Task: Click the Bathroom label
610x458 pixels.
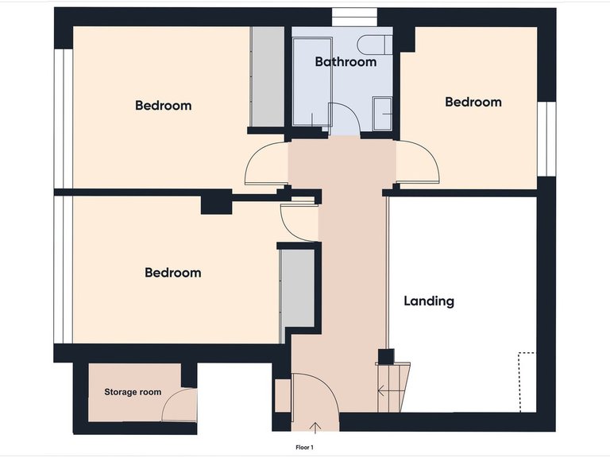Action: pos(346,61)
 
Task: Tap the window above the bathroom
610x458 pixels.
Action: pos(354,17)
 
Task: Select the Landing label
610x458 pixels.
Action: pos(429,301)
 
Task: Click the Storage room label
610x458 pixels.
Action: pos(133,392)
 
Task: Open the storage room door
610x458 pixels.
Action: pos(179,406)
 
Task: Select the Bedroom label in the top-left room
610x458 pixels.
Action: pos(163,105)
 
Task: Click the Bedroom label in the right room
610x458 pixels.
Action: pos(473,102)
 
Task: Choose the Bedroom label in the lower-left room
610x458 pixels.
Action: pos(172,273)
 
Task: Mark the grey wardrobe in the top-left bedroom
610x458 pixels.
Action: pos(267,77)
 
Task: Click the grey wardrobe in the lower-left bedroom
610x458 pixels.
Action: pos(299,289)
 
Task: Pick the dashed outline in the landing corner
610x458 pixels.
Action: pos(524,382)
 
